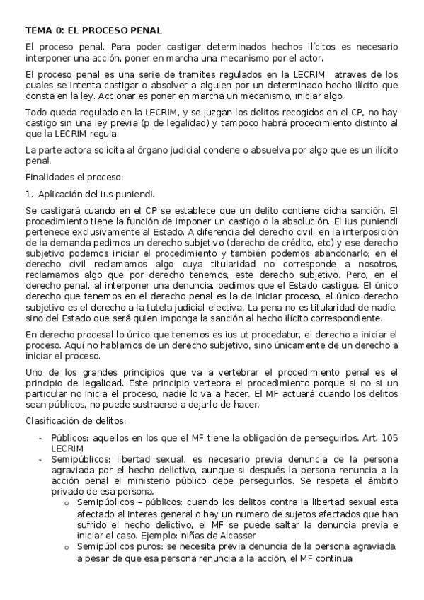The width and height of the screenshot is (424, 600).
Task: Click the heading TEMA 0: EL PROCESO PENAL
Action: pyautogui.click(x=93, y=30)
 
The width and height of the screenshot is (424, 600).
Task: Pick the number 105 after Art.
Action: pyautogui.click(x=389, y=438)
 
